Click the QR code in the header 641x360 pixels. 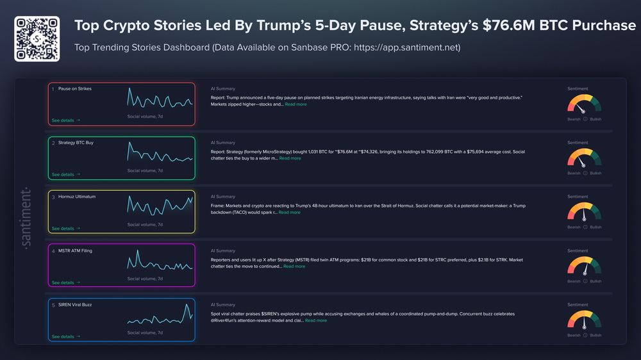37,39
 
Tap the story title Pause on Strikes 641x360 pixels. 74,89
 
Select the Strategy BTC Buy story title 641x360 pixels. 76,143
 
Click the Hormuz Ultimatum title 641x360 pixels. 77,197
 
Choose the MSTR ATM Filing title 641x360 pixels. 75,250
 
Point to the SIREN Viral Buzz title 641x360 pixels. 75,305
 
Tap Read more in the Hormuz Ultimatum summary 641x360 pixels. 289,213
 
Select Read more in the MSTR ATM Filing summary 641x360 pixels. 294,266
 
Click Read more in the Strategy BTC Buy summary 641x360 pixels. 290,158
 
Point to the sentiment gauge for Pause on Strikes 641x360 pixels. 584,105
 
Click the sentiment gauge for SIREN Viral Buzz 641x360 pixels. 584,321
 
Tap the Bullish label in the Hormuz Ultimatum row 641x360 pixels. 595,227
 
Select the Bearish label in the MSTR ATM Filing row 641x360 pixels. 574,281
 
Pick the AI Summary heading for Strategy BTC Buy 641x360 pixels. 222,143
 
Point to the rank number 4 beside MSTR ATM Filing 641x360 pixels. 53,250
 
